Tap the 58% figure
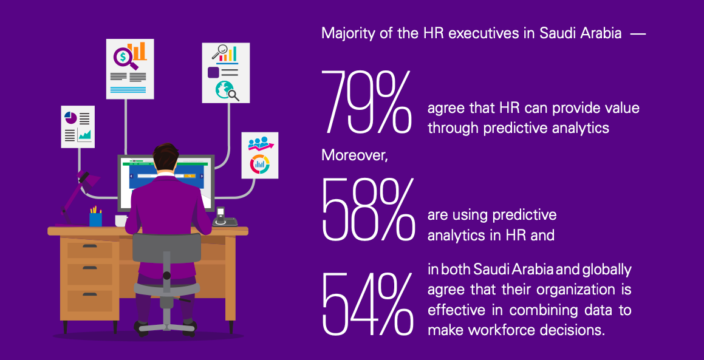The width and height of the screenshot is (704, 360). click(367, 209)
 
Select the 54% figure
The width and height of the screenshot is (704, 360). click(367, 304)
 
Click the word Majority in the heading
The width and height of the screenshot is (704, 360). click(346, 33)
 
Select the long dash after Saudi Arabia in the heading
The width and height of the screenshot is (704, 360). click(637, 34)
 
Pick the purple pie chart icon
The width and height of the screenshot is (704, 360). click(70, 117)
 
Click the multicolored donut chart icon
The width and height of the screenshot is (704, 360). click(259, 163)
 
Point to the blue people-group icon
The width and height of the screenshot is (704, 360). click(258, 143)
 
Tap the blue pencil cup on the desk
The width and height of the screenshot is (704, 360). click(95, 219)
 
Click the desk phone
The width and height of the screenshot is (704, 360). click(223, 218)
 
